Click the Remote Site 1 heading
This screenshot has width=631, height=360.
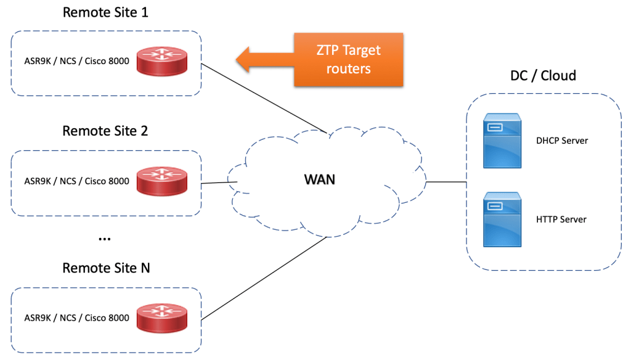coord(105,12)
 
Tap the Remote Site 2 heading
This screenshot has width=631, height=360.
coord(105,131)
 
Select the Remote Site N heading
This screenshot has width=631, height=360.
coord(106,268)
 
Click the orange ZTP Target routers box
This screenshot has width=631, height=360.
coord(348,59)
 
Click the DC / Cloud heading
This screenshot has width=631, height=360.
coord(543,76)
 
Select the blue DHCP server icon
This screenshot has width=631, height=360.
coord(502,141)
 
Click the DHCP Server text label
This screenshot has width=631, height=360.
coord(562,141)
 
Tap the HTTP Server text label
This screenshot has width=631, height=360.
coord(561,219)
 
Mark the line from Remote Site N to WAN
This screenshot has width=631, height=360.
coord(264,278)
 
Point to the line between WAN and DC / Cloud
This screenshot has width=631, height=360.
coord(446,182)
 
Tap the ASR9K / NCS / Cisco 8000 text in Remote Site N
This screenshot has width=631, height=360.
coord(76,318)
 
